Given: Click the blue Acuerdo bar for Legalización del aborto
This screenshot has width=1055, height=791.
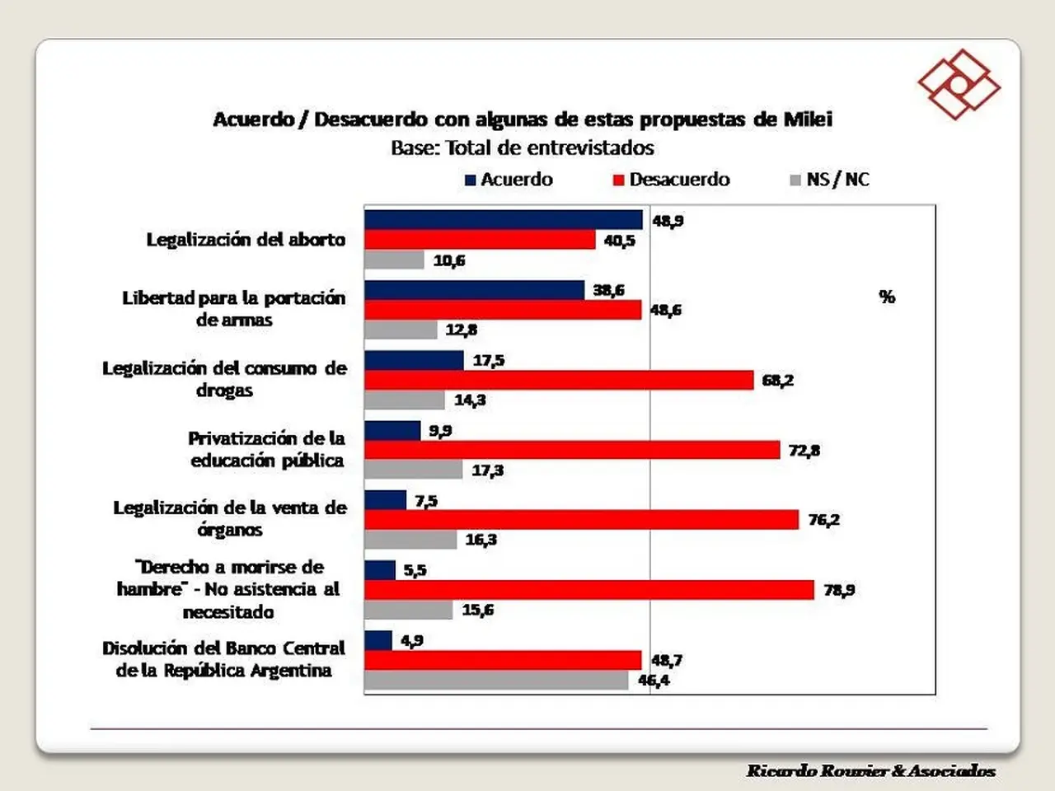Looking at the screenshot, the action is (x=504, y=220).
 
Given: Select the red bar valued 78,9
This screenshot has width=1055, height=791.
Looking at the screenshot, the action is (x=589, y=590).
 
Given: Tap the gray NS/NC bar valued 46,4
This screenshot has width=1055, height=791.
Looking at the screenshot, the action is (x=496, y=680).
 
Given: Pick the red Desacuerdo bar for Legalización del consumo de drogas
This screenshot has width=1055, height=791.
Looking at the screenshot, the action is (x=559, y=380).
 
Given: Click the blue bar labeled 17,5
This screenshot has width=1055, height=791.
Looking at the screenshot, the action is (x=415, y=360).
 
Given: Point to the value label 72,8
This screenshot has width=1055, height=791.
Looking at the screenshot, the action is (x=804, y=451).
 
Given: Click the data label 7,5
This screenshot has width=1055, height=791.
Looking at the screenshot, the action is (x=426, y=502).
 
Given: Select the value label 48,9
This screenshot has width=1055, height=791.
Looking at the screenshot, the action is (x=668, y=221).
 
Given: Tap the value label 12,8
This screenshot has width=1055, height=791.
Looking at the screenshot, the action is (x=462, y=330).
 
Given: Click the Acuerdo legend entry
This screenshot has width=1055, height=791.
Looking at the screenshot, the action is (x=509, y=180).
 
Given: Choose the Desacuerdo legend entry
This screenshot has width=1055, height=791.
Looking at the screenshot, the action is (x=672, y=180).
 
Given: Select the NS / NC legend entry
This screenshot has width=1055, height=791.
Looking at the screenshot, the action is (x=830, y=180).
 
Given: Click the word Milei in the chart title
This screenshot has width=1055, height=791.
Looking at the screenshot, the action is (x=808, y=119).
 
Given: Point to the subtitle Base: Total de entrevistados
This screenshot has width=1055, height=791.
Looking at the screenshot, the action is (x=523, y=148).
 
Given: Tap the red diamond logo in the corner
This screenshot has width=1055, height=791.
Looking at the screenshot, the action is (x=959, y=85).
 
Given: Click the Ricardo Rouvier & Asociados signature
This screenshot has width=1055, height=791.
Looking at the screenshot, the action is (x=871, y=771).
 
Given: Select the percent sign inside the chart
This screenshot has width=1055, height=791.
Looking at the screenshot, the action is (x=887, y=297).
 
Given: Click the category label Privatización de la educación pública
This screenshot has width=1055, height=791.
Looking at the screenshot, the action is (x=267, y=450).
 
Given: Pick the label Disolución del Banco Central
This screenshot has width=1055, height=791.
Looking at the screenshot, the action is (x=224, y=648).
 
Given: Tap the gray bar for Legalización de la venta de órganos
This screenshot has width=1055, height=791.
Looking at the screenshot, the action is (x=411, y=540).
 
